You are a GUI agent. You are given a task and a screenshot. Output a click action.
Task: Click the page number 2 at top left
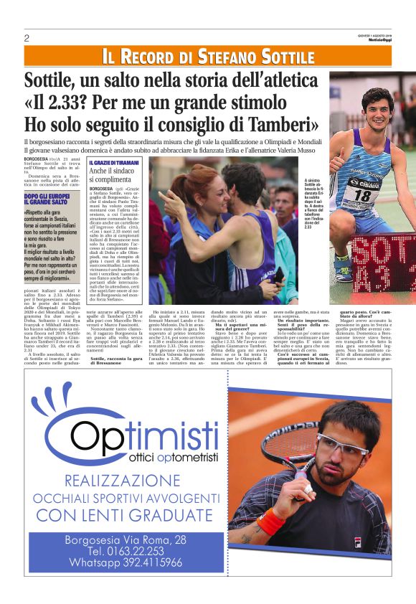[27, 38]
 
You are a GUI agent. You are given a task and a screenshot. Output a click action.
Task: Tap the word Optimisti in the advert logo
[136, 434]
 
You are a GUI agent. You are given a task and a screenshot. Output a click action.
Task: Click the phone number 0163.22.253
[126, 551]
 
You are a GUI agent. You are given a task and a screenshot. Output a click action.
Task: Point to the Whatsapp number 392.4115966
[126, 562]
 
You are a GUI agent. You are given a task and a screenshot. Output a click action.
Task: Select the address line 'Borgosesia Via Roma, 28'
[126, 539]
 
